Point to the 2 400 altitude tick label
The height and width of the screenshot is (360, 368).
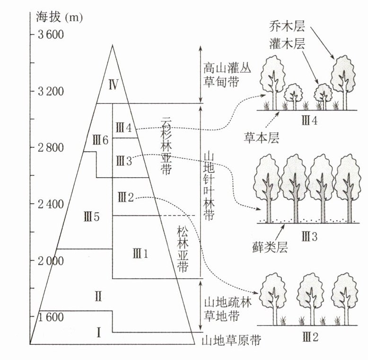click(x=50, y=204)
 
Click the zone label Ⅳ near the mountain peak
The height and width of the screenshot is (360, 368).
click(x=113, y=85)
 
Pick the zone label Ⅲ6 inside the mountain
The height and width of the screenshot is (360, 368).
click(x=101, y=140)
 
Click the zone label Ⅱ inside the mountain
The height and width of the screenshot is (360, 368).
click(x=98, y=297)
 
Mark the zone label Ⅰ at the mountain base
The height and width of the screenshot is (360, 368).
click(x=98, y=332)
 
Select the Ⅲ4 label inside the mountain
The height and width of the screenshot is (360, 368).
click(x=125, y=128)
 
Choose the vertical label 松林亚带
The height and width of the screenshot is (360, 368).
click(x=182, y=249)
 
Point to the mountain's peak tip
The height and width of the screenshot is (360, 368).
click(x=112, y=45)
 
